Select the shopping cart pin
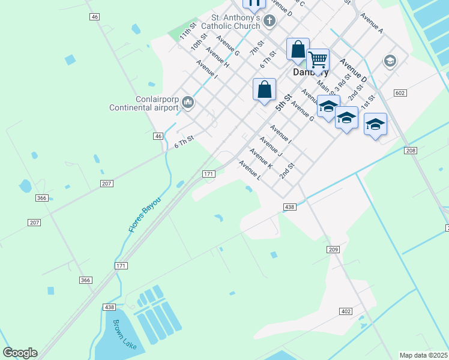pos(318,60)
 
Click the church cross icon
pos(270,22)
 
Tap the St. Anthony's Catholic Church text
pos(231,22)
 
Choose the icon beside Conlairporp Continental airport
pos(188,103)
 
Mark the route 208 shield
pos(410,151)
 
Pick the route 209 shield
pos(334,249)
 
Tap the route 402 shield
pos(345,311)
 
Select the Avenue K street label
pos(261,158)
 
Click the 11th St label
pos(188,31)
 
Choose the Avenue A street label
pos(372,22)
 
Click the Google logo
pos(20,353)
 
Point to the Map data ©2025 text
pos(423,355)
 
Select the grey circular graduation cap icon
pos(390,61)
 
